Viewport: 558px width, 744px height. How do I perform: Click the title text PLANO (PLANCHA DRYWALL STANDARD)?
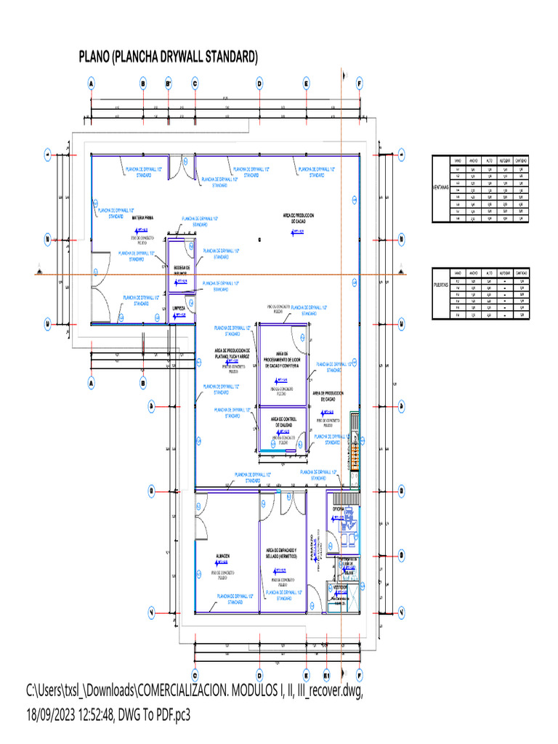point(169,57)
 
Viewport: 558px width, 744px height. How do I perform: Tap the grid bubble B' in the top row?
point(169,84)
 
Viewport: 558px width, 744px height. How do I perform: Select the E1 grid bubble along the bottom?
point(327,673)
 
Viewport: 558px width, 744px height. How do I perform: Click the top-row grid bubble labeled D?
point(259,84)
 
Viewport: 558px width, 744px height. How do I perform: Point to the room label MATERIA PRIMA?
point(142,217)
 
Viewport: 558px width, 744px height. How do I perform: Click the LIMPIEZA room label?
point(179,308)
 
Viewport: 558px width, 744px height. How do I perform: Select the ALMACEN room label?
point(222,557)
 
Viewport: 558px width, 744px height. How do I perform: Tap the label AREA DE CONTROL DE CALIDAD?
point(283,422)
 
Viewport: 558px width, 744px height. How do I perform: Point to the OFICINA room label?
point(338,510)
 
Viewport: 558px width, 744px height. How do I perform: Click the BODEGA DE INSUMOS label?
point(181,270)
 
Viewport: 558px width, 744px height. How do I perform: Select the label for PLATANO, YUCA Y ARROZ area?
point(232,354)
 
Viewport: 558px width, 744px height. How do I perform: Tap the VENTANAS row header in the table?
point(440,187)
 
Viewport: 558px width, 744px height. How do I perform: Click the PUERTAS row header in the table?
point(440,286)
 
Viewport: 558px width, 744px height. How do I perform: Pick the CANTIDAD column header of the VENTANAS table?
point(521,160)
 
